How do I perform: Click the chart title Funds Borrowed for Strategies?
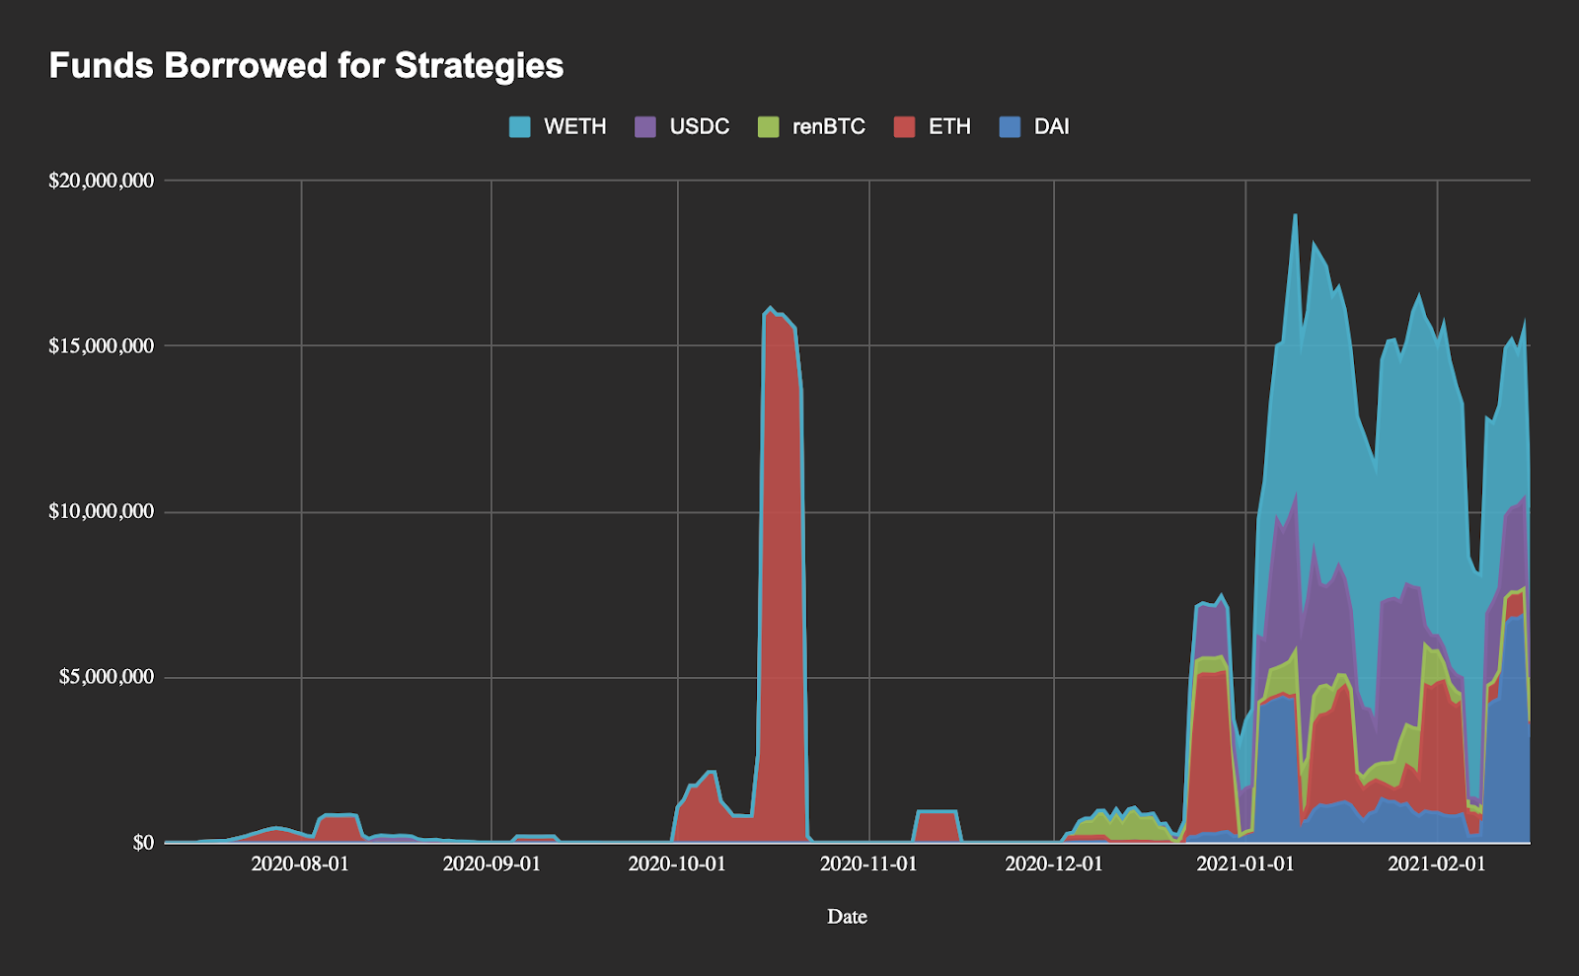[306, 66]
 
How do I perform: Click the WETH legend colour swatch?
[520, 127]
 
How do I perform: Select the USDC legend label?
[699, 127]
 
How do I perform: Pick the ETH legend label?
[949, 127]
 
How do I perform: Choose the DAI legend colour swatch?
[1010, 127]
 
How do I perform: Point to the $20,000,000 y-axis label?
[102, 181]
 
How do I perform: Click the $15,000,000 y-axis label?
[102, 346]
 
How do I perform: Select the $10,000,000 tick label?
[102, 511]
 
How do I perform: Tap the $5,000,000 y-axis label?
[107, 677]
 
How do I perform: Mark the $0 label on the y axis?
[143, 843]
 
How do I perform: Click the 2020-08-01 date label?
[300, 864]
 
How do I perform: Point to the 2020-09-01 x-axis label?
[491, 864]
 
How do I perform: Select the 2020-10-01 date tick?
[677, 864]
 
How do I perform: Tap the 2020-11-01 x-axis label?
[868, 864]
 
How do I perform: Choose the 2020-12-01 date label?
[1054, 864]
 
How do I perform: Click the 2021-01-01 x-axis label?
[1245, 864]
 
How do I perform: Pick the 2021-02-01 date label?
[1437, 864]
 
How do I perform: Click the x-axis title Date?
[847, 917]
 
